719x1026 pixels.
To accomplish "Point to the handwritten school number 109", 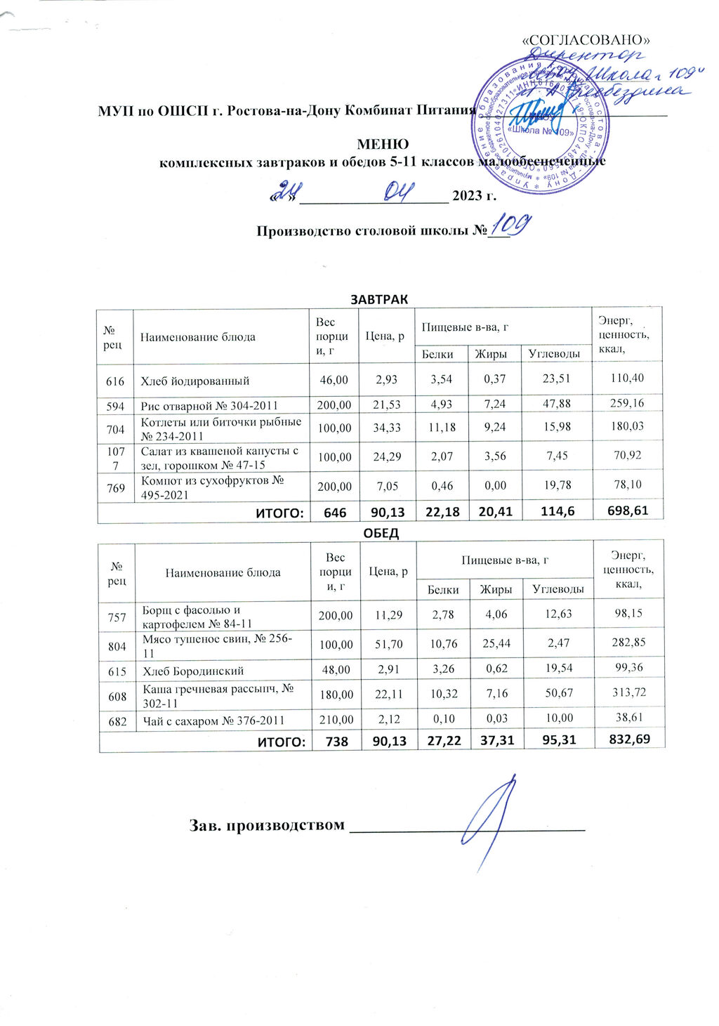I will coord(510,227).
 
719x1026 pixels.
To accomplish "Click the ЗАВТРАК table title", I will coord(379,299).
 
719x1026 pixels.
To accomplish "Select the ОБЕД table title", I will coord(381,533).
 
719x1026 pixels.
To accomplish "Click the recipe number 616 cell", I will coord(115,381).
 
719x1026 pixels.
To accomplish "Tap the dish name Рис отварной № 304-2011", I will coord(209,405).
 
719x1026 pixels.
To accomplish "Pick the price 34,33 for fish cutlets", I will coord(385,428).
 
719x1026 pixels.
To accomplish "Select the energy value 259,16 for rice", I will coord(627,403).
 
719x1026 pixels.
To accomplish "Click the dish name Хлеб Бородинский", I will coord(193,671).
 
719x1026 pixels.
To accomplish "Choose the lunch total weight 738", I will coord(336,741).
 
